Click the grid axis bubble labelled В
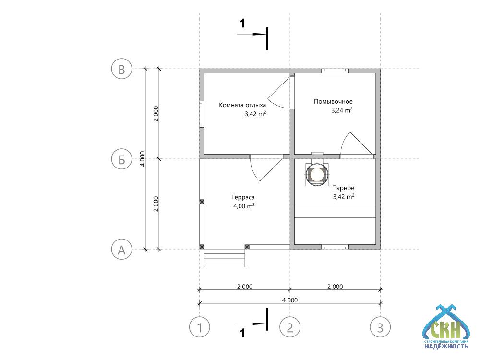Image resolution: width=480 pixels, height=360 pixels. pyautogui.click(x=121, y=69)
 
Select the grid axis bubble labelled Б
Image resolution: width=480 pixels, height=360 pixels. pyautogui.click(x=121, y=159)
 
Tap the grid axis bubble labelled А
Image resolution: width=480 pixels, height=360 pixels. pyautogui.click(x=121, y=249)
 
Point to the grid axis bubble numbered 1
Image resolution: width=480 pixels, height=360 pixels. pyautogui.click(x=200, y=327)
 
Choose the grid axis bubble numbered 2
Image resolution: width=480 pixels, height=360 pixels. pyautogui.click(x=290, y=327)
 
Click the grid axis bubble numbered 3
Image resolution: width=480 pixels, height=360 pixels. pyautogui.click(x=380, y=327)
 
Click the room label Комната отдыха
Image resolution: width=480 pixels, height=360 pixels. pyautogui.click(x=242, y=105)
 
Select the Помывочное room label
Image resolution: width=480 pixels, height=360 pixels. pyautogui.click(x=333, y=101)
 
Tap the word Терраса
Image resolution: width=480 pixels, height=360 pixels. pyautogui.click(x=243, y=197)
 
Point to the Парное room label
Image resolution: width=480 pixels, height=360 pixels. pyautogui.click(x=343, y=188)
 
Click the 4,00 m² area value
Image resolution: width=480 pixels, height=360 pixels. pyautogui.click(x=244, y=206)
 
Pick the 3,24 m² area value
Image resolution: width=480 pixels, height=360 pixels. pyautogui.click(x=342, y=110)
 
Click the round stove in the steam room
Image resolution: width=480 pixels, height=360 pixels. pyautogui.click(x=317, y=174)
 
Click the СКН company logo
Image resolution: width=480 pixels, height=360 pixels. pyautogui.click(x=446, y=327)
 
